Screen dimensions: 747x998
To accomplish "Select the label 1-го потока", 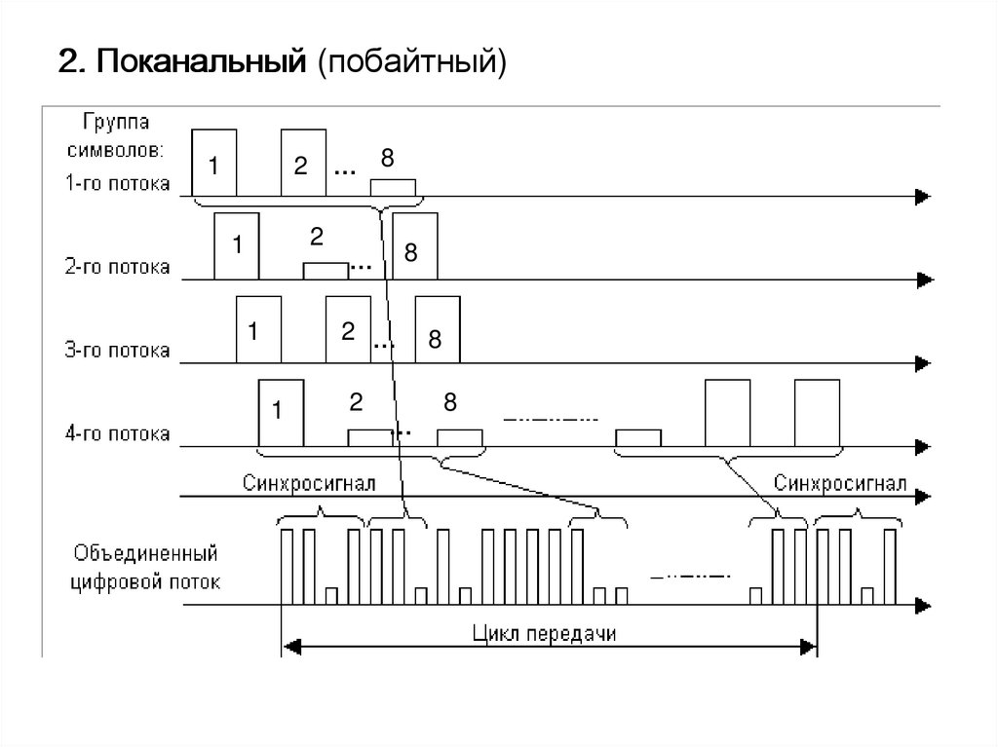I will (118, 182).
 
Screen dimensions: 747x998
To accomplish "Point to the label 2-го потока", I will (118, 265).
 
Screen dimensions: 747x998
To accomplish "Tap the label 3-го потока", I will (118, 349).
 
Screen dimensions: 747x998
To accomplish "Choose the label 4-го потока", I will (118, 432).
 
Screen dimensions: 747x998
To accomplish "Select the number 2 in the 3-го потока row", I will (348, 331).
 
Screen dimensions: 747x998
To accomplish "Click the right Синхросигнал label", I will (840, 483).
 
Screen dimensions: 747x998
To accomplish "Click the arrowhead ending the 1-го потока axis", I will (921, 198).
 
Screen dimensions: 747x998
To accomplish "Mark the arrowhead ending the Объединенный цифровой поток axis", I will (921, 605).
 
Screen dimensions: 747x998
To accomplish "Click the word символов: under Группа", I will (121, 152).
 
